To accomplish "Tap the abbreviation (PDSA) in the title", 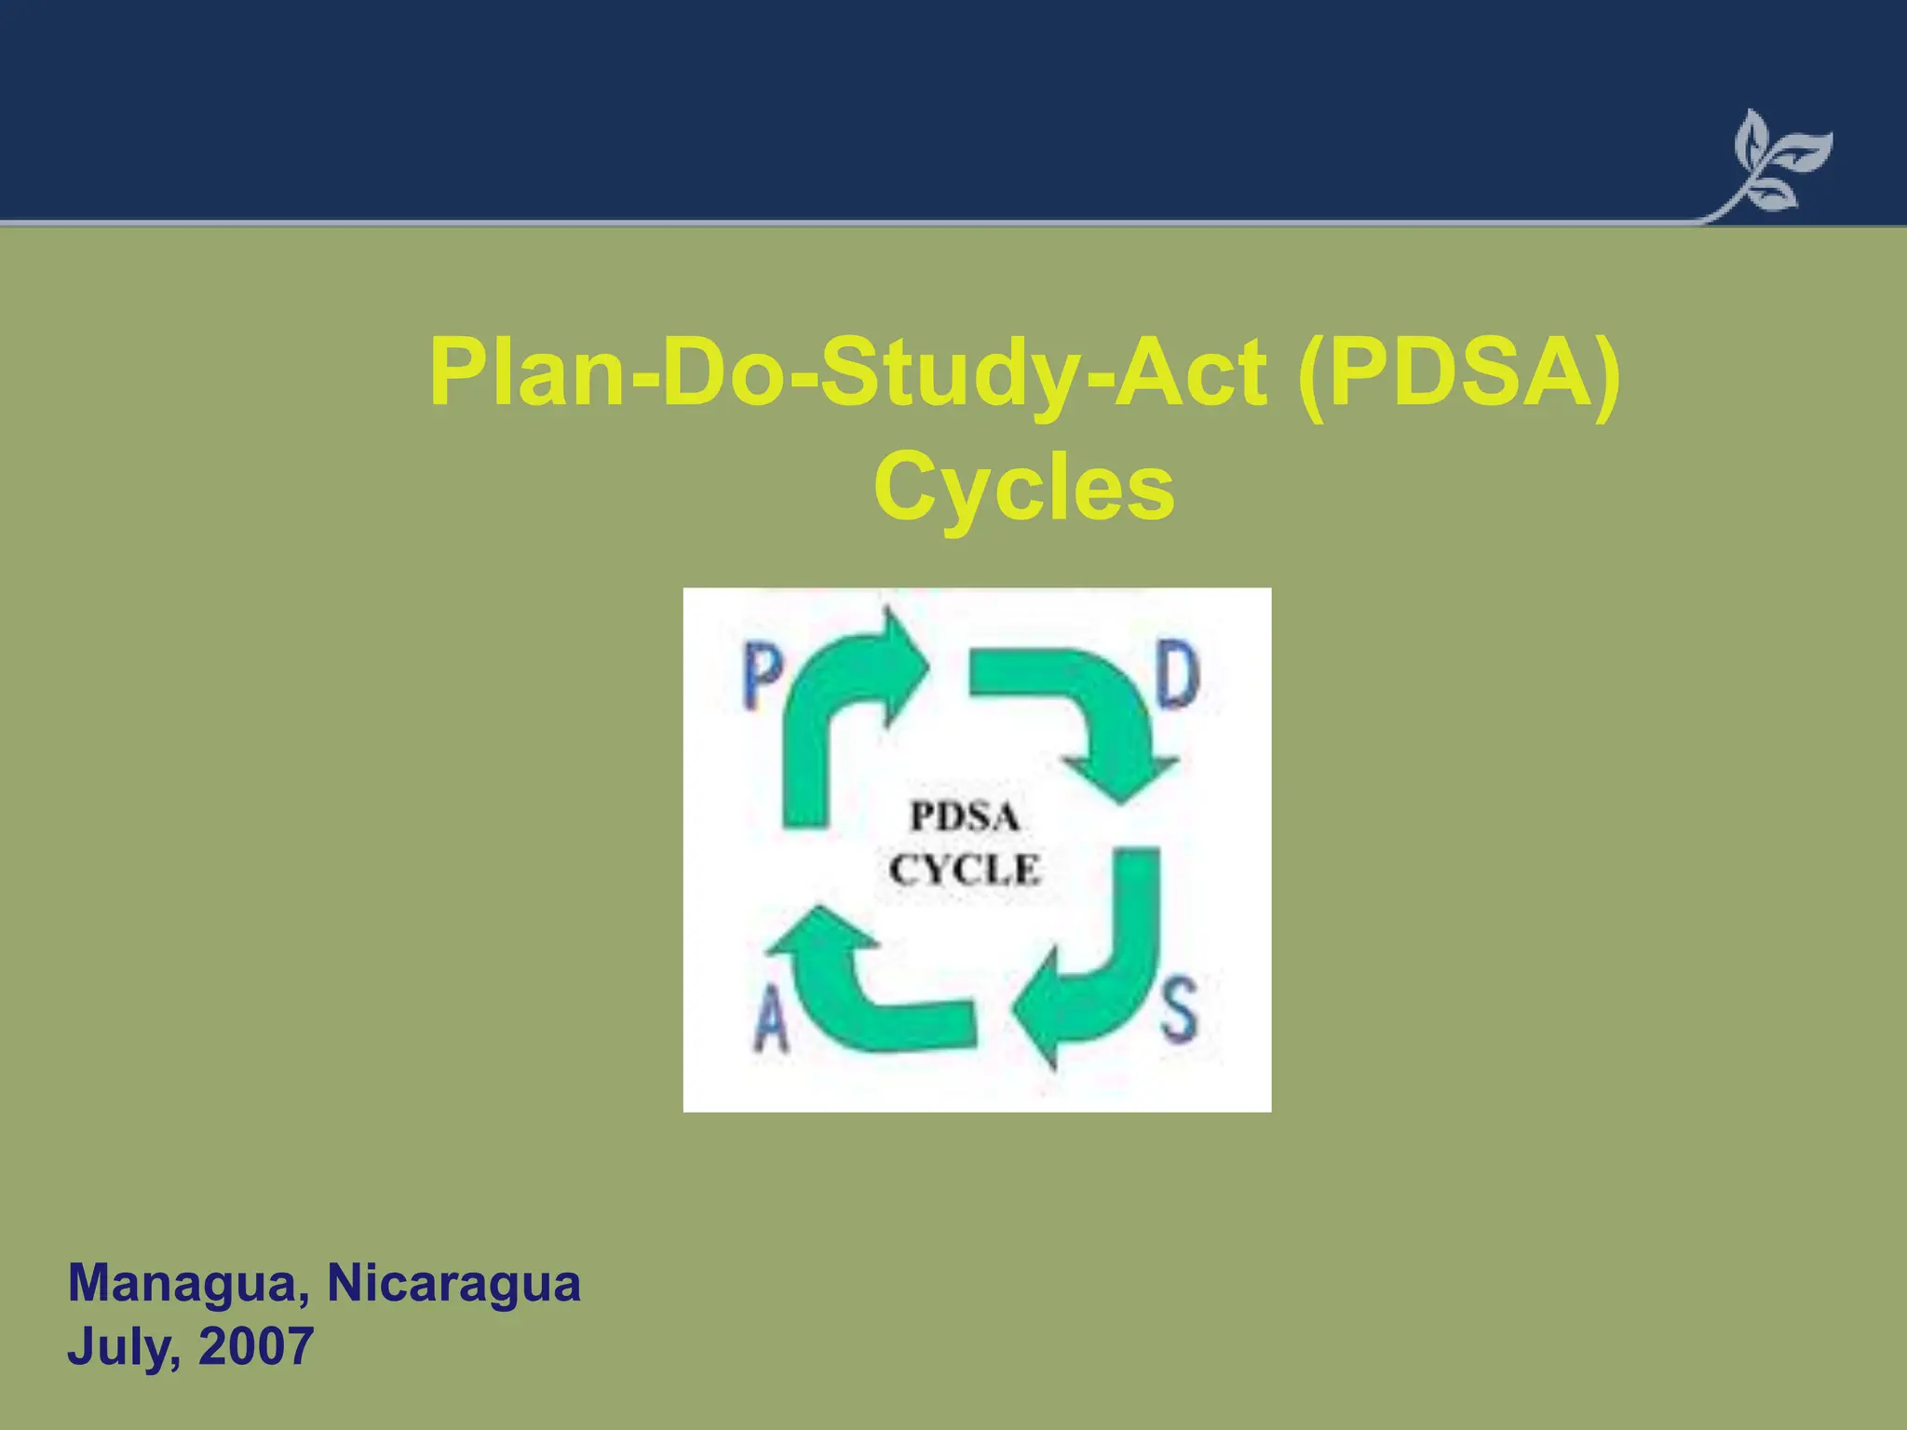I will coord(1458,373).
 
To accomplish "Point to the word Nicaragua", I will coord(453,1284).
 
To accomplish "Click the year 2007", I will coord(256,1346).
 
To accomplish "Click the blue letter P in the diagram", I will coord(763,679).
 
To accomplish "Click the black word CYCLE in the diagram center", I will coord(964,870).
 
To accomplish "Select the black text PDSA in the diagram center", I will coord(964,817).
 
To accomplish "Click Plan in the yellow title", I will coord(526,373).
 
